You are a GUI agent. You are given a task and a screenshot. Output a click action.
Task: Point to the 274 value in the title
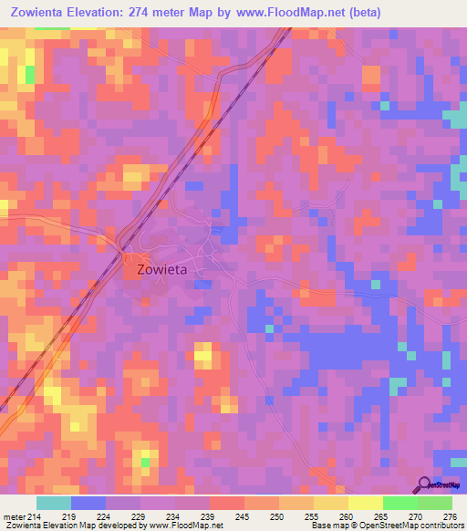click(169, 12)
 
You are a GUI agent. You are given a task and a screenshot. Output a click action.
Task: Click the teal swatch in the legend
click(54, 503)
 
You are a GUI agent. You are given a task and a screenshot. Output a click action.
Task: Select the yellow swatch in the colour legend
click(365, 503)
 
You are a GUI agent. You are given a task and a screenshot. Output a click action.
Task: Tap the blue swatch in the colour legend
click(88, 503)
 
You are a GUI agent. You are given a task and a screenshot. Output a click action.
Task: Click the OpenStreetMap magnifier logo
click(422, 484)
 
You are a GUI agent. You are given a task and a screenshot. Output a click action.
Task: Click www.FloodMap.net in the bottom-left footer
click(179, 526)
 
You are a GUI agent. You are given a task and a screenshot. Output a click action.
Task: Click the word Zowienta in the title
click(41, 12)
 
